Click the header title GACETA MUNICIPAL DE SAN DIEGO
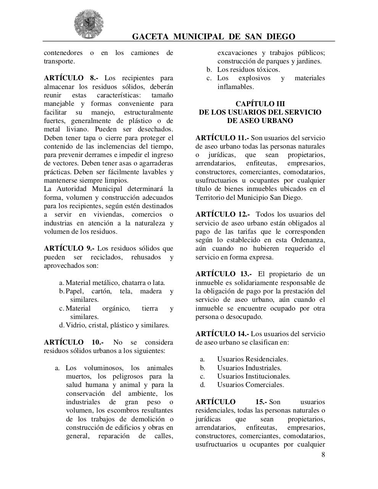click(x=213, y=37)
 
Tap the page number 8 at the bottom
click(x=323, y=455)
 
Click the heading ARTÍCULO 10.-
click(x=73, y=342)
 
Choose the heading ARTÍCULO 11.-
click(x=222, y=138)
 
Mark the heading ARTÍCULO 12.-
click(x=222, y=214)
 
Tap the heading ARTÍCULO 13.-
click(x=223, y=274)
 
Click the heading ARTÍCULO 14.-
click(x=222, y=334)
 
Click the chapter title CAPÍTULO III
click(x=260, y=104)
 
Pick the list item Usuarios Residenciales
click(x=252, y=359)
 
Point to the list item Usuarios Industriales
click(x=249, y=368)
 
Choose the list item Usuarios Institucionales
click(x=254, y=376)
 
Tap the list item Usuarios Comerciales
click(x=250, y=385)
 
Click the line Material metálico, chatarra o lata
click(x=115, y=283)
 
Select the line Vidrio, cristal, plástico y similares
click(x=117, y=325)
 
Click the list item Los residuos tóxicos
click(x=248, y=70)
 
